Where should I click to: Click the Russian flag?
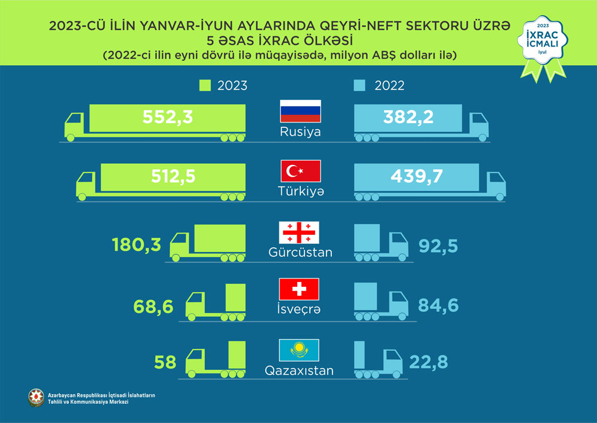pyautogui.click(x=300, y=111)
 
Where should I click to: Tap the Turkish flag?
pyautogui.click(x=300, y=171)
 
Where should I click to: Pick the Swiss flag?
pyautogui.click(x=300, y=289)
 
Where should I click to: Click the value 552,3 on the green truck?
pyautogui.click(x=168, y=117)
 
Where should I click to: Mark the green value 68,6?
pyautogui.click(x=153, y=306)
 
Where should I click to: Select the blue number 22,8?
pyautogui.click(x=429, y=362)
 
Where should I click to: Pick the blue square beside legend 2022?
pyautogui.click(x=359, y=85)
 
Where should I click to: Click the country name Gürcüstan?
pyautogui.click(x=300, y=252)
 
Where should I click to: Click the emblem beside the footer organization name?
pyautogui.click(x=36, y=398)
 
